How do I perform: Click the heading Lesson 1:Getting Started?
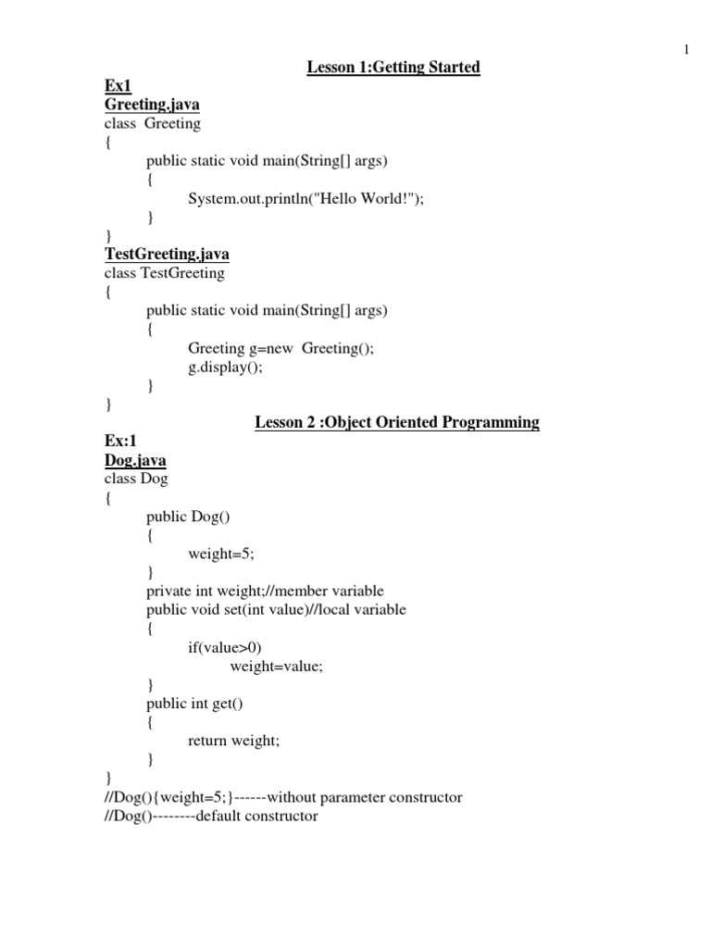393,67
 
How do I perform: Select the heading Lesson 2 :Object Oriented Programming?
397,422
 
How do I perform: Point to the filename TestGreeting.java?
167,254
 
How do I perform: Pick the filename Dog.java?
135,460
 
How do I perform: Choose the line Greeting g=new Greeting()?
281,348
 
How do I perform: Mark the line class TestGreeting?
164,273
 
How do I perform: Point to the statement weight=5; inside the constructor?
221,554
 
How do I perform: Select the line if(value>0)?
231,648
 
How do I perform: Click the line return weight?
233,741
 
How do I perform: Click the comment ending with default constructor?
210,817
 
